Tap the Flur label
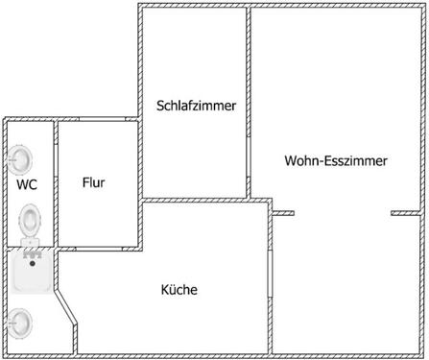tap(93, 182)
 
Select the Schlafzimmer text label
tap(196, 106)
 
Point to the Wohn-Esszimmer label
tap(336, 161)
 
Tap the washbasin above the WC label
tap(21, 156)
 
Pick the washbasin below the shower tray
tap(20, 323)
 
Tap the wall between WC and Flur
tap(56, 182)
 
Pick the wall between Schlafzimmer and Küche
tap(196, 200)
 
